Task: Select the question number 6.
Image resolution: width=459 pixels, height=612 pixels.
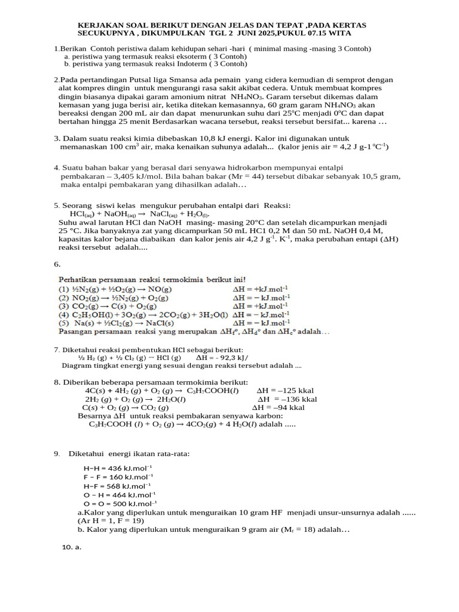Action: coord(57,264)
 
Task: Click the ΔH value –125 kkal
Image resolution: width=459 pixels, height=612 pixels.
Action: coord(290,391)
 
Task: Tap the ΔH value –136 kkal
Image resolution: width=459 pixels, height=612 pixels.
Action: coord(291,399)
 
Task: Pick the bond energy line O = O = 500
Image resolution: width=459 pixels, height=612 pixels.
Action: coord(119,503)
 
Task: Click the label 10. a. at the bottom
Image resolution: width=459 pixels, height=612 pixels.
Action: coord(72,547)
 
